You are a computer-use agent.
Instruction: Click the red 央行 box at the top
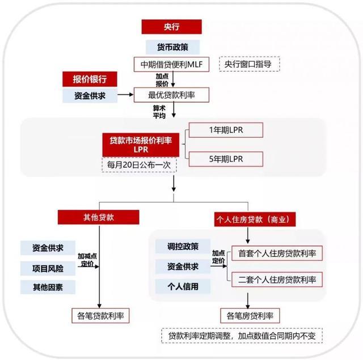(171, 27)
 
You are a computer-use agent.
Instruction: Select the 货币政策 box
(171, 47)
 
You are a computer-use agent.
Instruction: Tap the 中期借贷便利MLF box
(172, 65)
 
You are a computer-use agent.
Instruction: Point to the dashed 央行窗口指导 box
(248, 64)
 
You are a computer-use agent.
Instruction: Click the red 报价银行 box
(90, 79)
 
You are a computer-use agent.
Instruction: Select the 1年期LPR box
(226, 130)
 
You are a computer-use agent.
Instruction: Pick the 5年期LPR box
(226, 159)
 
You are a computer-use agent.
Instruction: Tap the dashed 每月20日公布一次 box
(139, 165)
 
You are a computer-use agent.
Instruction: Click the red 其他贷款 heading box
(98, 217)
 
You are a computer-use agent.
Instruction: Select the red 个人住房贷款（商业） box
(255, 219)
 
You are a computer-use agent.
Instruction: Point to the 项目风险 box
(48, 268)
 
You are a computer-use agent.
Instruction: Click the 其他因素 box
(48, 287)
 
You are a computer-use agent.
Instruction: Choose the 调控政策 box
(183, 247)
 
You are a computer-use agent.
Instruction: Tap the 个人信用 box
(183, 286)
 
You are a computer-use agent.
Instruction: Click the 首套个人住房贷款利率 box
(277, 253)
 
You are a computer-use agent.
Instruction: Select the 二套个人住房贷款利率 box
(277, 279)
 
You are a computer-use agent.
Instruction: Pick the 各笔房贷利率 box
(250, 315)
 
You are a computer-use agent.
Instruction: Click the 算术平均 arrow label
(158, 111)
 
